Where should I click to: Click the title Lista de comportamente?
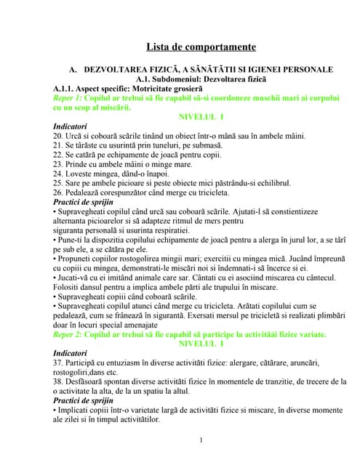pyautogui.click(x=201, y=47)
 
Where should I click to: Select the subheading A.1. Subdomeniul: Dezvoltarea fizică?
pyautogui.click(x=201, y=78)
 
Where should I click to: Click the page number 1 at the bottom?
pyautogui.click(x=201, y=440)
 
